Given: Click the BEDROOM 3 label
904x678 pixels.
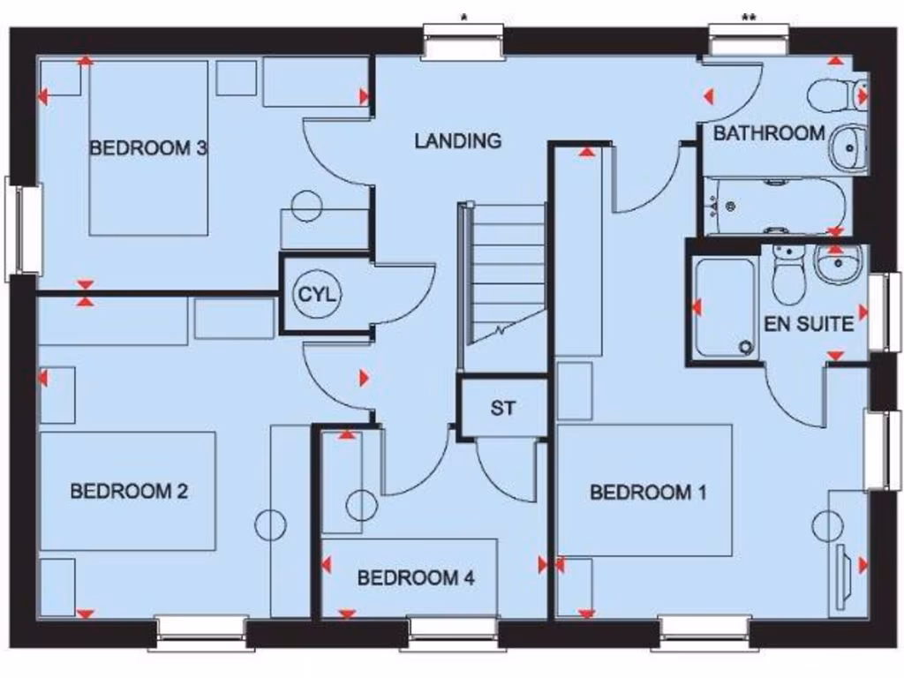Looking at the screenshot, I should [x=147, y=147].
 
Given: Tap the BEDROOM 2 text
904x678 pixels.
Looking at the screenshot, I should [x=129, y=491].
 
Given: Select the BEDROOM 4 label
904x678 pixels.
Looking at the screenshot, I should [x=416, y=578].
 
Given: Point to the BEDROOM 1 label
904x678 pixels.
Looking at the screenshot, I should [x=648, y=492].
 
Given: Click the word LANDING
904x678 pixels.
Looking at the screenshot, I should [x=458, y=140].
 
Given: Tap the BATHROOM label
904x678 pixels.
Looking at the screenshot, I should [x=769, y=133].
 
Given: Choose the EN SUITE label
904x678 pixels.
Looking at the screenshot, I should [x=809, y=324].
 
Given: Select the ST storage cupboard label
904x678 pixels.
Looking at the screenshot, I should [x=502, y=408].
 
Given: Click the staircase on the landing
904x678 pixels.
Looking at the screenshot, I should [x=508, y=274].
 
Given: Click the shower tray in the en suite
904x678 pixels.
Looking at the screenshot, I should [x=725, y=308].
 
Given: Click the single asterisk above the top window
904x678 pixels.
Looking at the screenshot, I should [x=463, y=17].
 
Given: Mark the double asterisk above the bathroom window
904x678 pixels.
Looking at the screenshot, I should [x=749, y=17].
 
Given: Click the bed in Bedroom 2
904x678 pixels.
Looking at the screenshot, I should [x=128, y=491].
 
